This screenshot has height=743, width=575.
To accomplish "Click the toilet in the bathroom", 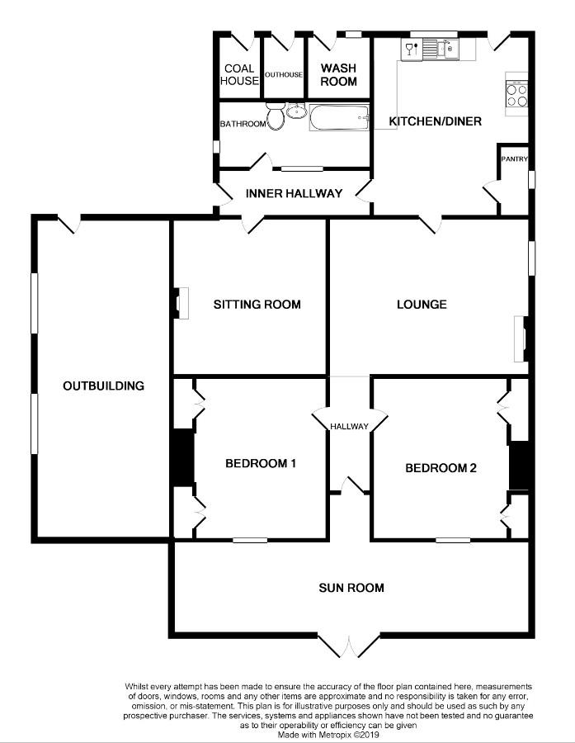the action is click(x=276, y=116).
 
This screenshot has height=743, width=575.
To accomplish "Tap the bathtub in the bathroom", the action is click(x=340, y=118).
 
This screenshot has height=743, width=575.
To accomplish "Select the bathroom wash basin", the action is click(x=296, y=111).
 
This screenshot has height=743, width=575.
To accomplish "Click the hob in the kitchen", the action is click(x=516, y=94).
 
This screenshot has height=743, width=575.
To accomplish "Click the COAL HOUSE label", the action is click(x=239, y=75).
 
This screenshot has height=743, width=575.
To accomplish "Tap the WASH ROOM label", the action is click(x=338, y=75).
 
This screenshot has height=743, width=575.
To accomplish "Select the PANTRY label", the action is click(x=515, y=159).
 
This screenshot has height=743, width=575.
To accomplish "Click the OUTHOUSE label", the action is click(x=284, y=75).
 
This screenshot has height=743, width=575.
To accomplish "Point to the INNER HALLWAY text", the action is click(x=294, y=193).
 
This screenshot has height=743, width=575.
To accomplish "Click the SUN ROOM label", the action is click(x=351, y=588).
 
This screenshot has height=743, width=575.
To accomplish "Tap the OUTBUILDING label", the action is click(x=104, y=386).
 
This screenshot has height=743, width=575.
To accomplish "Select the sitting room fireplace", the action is click(x=181, y=303).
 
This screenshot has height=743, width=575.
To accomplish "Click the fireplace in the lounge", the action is click(x=521, y=338).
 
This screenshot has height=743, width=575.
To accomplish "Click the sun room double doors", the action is click(x=348, y=646).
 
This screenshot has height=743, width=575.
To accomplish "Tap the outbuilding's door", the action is click(x=69, y=223).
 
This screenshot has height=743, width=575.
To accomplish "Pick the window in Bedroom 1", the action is click(x=250, y=540).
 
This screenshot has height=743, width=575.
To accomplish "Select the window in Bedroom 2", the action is click(x=453, y=540).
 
